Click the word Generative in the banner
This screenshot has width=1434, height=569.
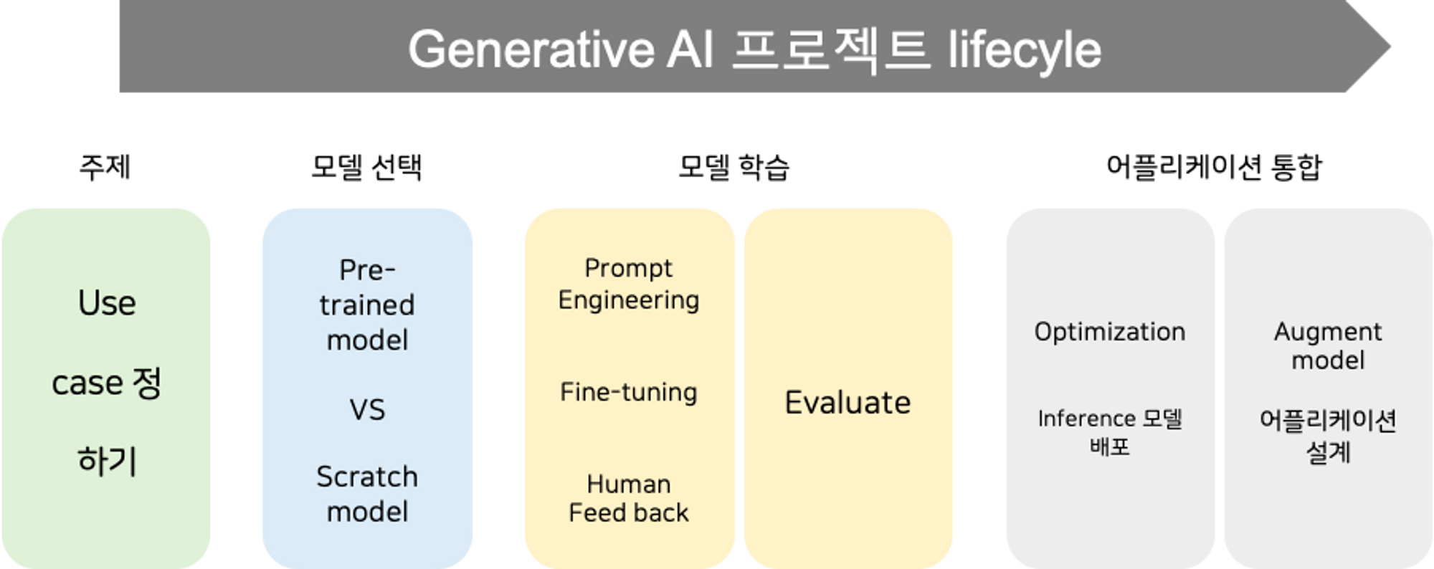pyautogui.click(x=531, y=49)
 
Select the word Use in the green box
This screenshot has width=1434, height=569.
pyautogui.click(x=107, y=303)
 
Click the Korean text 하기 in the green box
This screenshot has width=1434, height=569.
pyautogui.click(x=107, y=461)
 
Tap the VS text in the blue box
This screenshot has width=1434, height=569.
pyautogui.click(x=367, y=410)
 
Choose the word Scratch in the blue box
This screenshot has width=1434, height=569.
pyautogui.click(x=367, y=477)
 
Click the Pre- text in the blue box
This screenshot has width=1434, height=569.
pyautogui.click(x=367, y=270)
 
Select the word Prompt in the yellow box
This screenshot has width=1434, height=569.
pyautogui.click(x=629, y=268)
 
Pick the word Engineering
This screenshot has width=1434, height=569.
pyautogui.click(x=629, y=300)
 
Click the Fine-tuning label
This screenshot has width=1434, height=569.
pyautogui.click(x=629, y=392)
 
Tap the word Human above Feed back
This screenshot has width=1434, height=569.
pyautogui.click(x=629, y=484)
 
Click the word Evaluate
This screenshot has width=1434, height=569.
pyautogui.click(x=847, y=403)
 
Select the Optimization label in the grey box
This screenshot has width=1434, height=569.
pyautogui.click(x=1109, y=332)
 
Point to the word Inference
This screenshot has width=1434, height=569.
pyautogui.click(x=1086, y=419)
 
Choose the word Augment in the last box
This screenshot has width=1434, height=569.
pyautogui.click(x=1328, y=332)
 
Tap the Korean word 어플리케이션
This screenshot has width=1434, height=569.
pyautogui.click(x=1328, y=421)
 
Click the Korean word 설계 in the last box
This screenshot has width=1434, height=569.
pyautogui.click(x=1328, y=452)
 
